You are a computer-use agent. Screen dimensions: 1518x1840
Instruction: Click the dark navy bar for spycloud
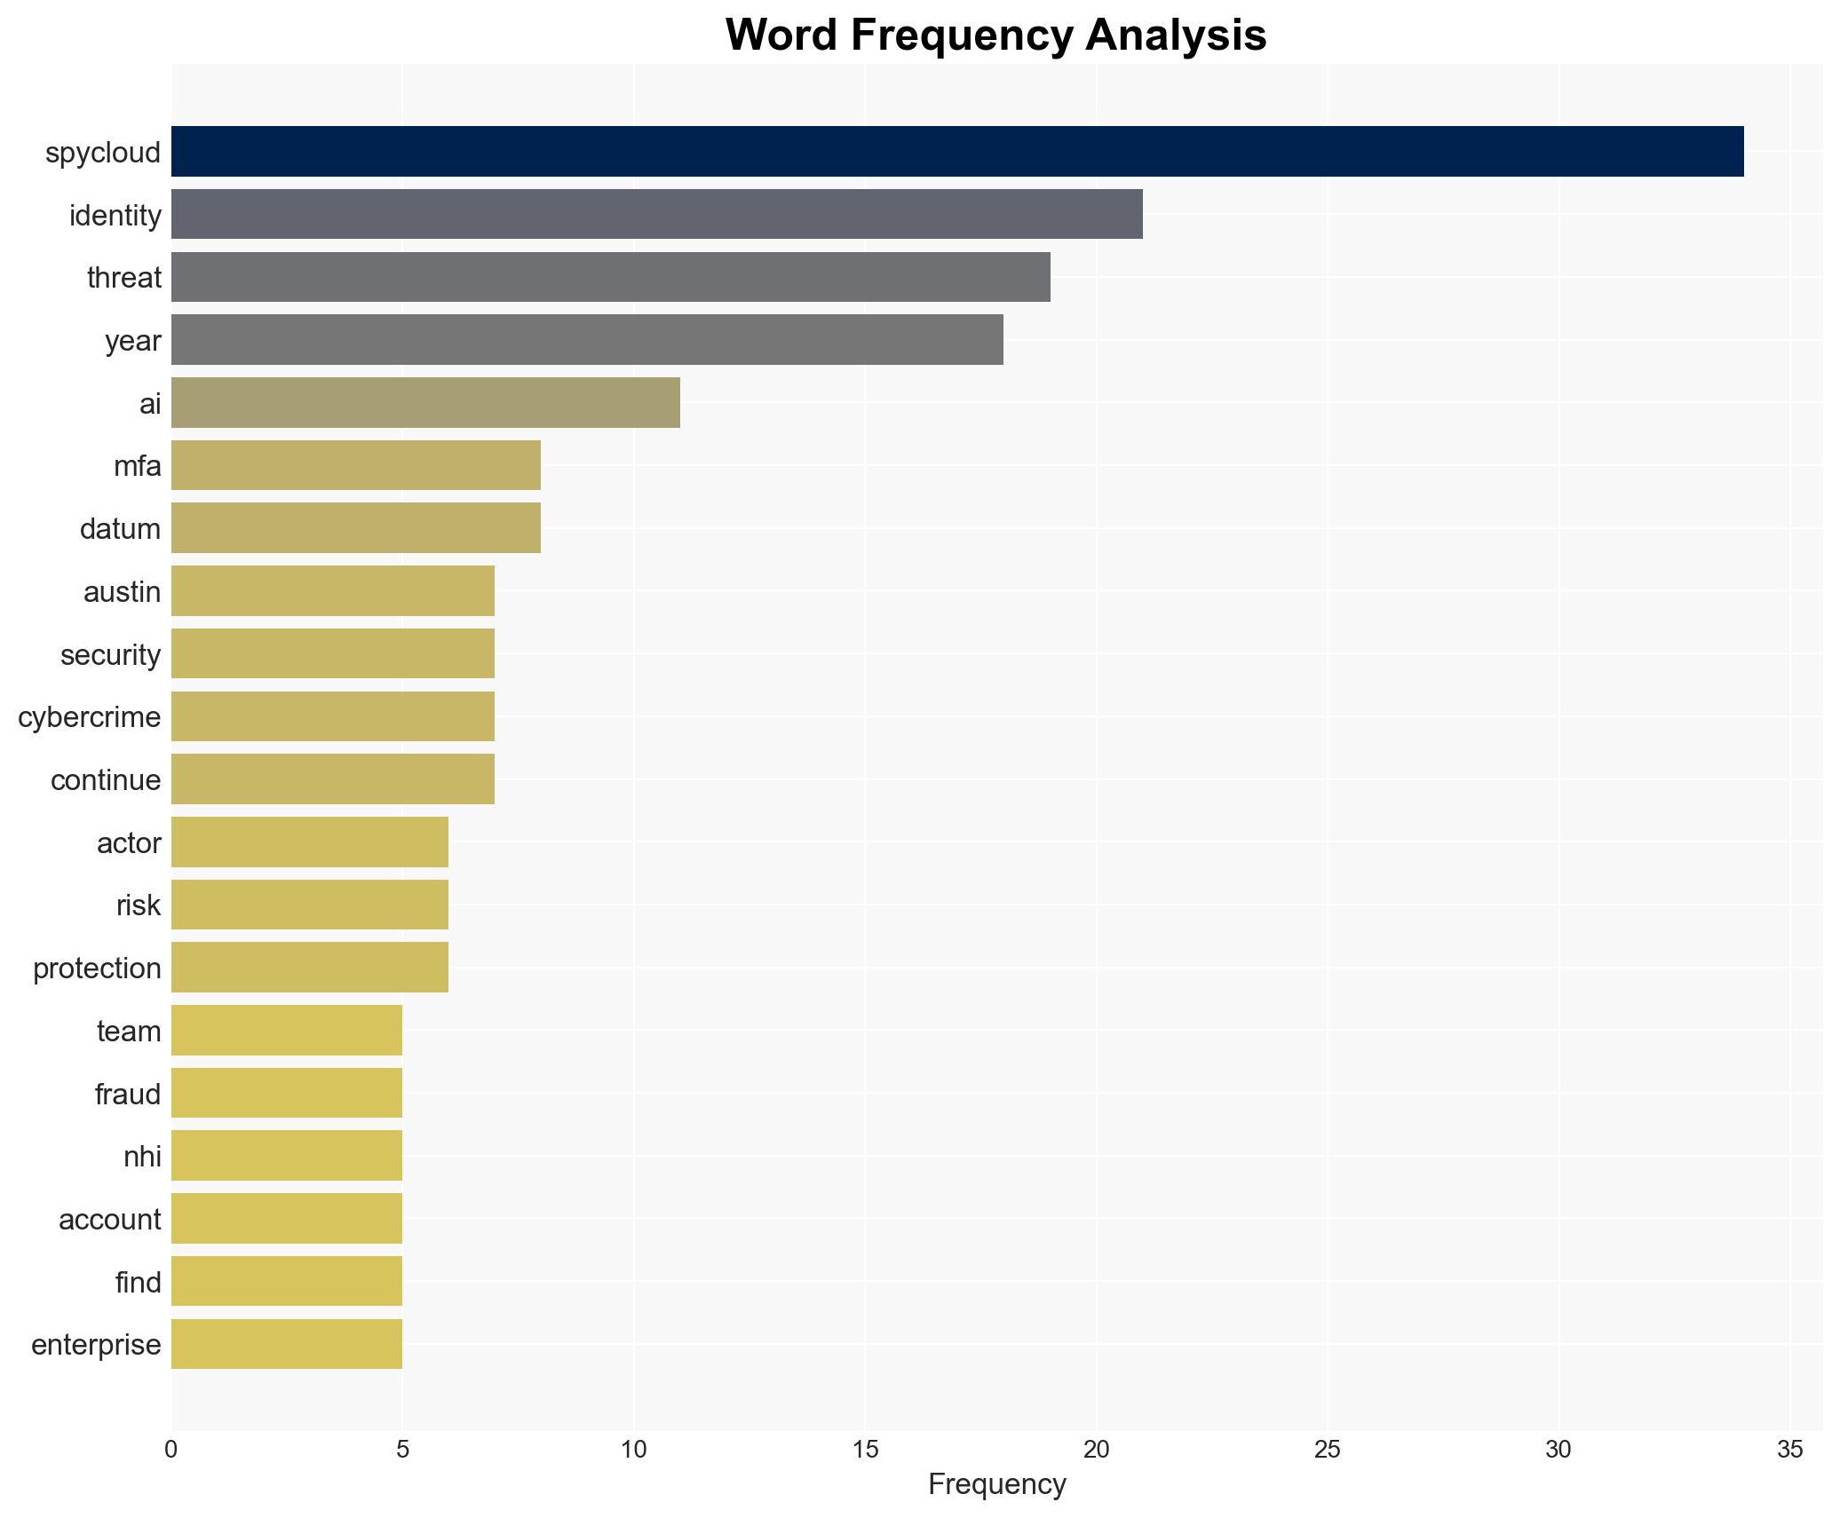pyautogui.click(x=956, y=152)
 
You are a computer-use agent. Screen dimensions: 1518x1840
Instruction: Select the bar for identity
pyautogui.click(x=656, y=214)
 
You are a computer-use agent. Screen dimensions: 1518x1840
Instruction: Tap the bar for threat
pyautogui.click(x=610, y=277)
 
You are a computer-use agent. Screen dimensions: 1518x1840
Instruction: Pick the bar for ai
pyautogui.click(x=425, y=403)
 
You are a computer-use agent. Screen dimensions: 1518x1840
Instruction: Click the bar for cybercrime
pyautogui.click(x=333, y=716)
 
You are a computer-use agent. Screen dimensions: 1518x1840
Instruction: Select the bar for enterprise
pyautogui.click(x=287, y=1344)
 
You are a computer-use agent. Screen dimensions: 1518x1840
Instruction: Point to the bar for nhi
pyautogui.click(x=287, y=1156)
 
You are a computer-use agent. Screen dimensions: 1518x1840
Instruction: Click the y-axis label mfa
pyautogui.click(x=138, y=466)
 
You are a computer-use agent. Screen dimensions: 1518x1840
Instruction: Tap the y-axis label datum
pyautogui.click(x=120, y=529)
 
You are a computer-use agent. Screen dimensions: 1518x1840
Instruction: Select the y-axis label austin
pyautogui.click(x=122, y=592)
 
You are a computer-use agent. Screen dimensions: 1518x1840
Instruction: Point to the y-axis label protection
pyautogui.click(x=97, y=969)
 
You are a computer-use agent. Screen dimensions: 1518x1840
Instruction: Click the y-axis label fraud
pyautogui.click(x=128, y=1094)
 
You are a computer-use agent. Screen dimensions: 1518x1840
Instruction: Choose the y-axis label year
pyautogui.click(x=132, y=341)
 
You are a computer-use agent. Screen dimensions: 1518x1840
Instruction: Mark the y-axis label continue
pyautogui.click(x=106, y=780)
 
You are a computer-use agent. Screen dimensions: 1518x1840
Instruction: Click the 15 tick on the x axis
pyautogui.click(x=865, y=1450)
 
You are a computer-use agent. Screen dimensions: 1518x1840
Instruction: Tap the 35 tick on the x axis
pyautogui.click(x=1789, y=1450)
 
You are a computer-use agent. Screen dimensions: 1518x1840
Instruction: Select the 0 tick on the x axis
pyautogui.click(x=171, y=1450)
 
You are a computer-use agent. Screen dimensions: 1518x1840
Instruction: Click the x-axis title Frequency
pyautogui.click(x=996, y=1484)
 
